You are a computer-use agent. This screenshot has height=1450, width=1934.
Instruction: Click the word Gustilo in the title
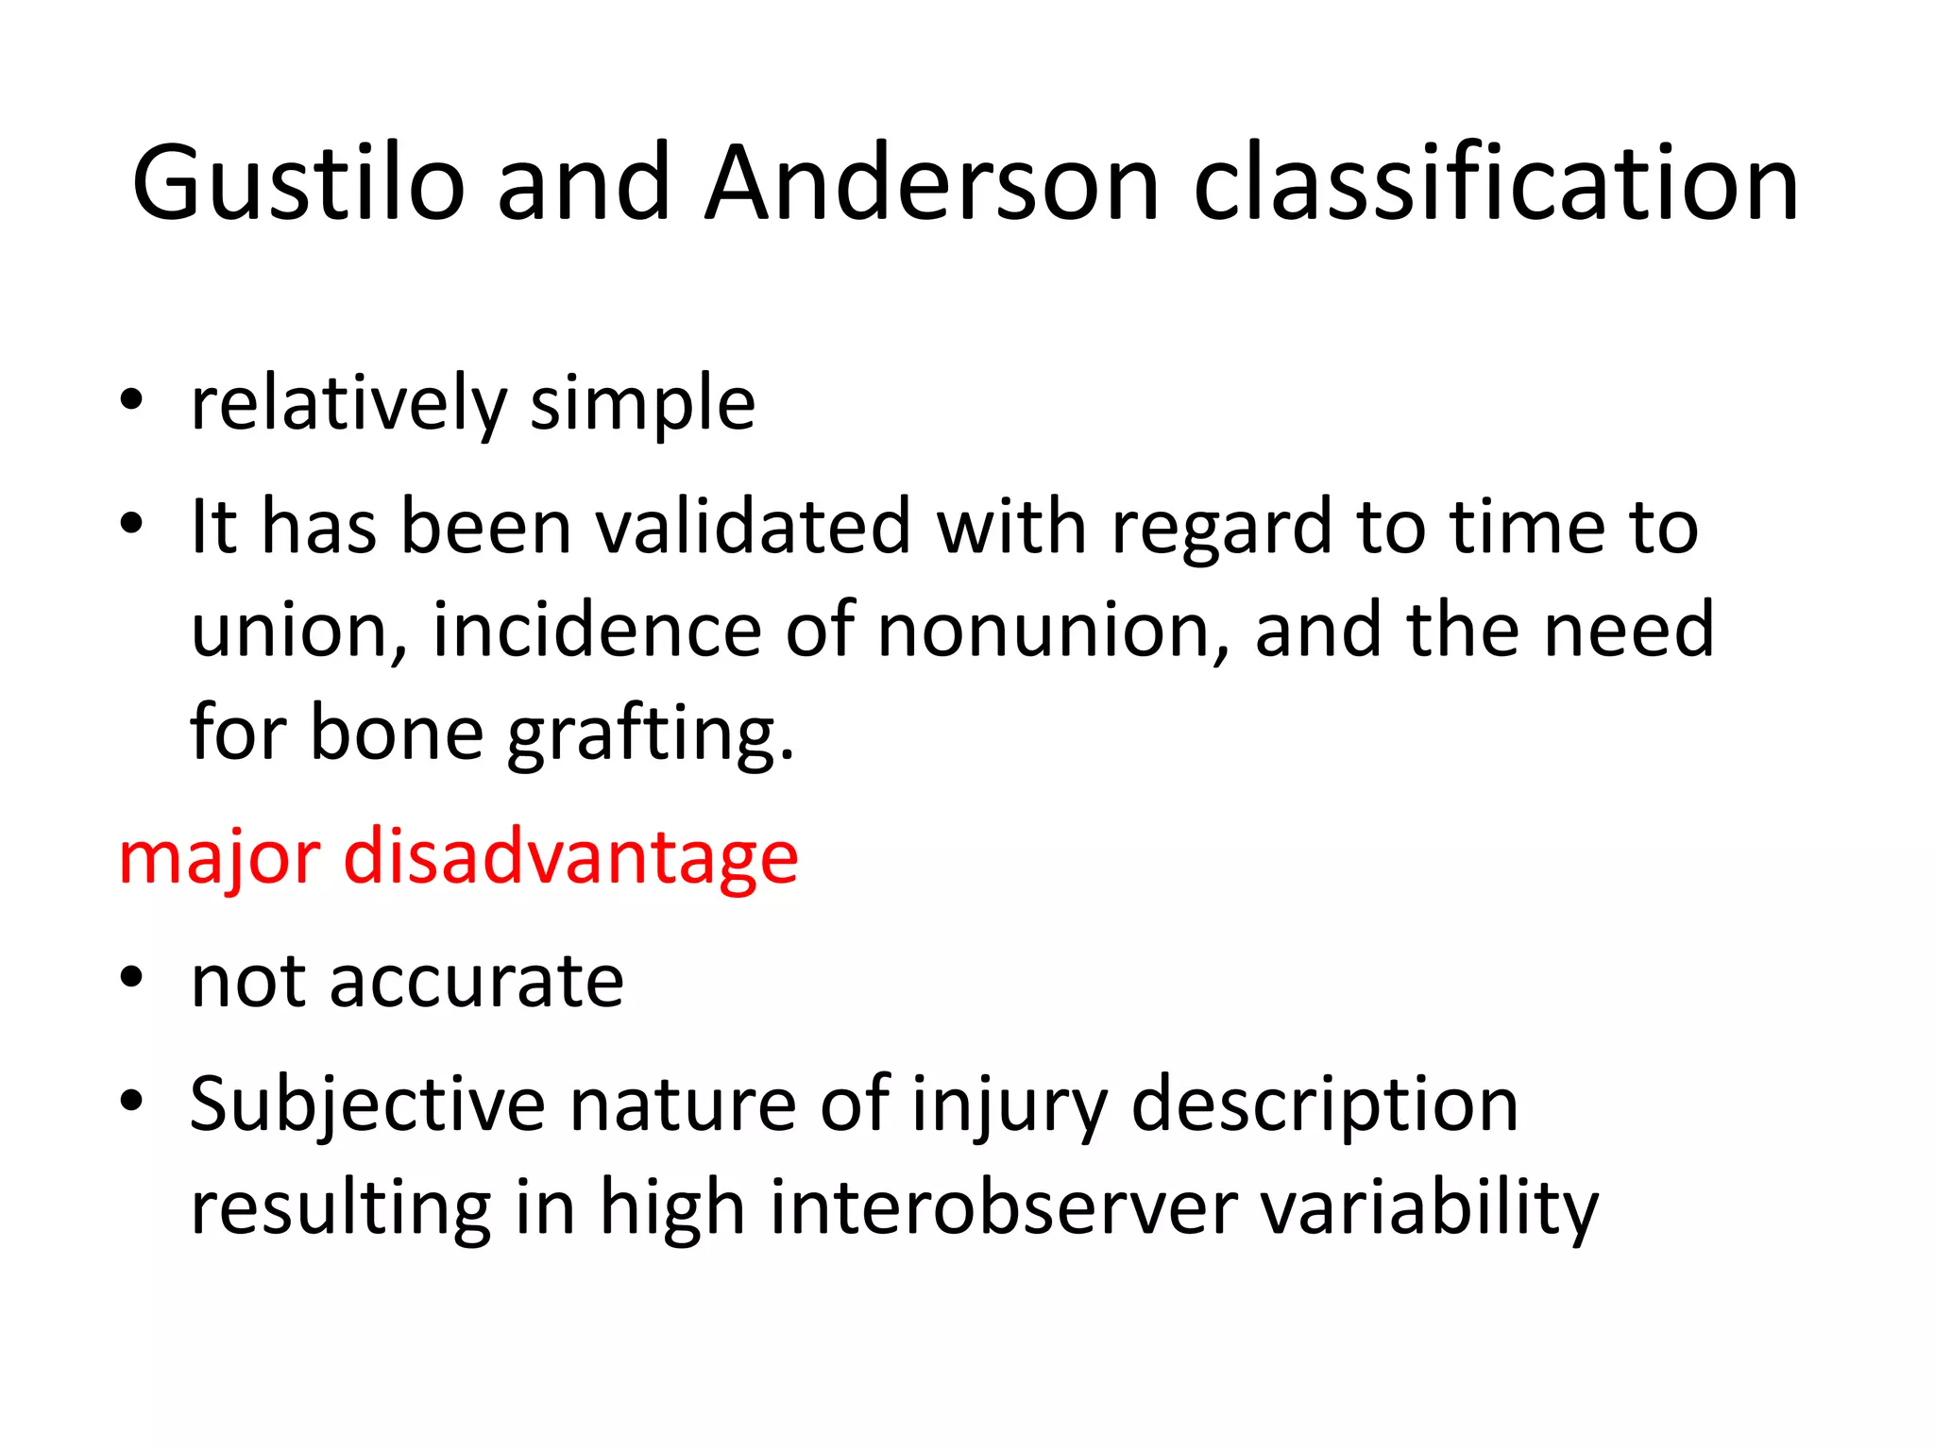[x=298, y=183]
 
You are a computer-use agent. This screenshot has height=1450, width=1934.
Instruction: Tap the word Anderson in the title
[x=932, y=183]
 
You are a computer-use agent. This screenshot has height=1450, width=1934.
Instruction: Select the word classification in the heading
[x=1496, y=183]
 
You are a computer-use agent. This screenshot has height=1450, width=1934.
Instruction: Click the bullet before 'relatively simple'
[x=131, y=400]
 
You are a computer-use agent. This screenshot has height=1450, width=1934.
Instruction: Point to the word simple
[x=642, y=404]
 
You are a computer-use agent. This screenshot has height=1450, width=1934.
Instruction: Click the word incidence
[x=597, y=630]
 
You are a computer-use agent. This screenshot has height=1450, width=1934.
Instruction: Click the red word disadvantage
[x=570, y=857]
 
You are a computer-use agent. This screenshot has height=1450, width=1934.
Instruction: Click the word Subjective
[x=367, y=1104]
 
